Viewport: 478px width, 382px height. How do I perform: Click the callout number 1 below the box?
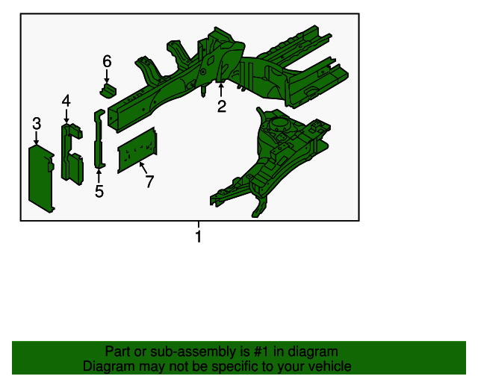pos(199,237)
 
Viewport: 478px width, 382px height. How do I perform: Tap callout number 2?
pos(222,106)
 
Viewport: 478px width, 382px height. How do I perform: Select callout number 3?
pos(37,123)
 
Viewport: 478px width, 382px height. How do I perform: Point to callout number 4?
pos(66,101)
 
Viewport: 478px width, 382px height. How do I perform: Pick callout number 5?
pos(99,191)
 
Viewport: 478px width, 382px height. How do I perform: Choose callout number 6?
pos(107,61)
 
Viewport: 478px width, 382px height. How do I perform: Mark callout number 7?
pos(149,181)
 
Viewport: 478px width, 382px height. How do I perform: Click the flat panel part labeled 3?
pos(41,178)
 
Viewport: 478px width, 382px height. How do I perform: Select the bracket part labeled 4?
pos(72,154)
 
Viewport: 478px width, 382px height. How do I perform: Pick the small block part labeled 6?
pos(108,91)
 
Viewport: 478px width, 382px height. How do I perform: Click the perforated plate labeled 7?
pos(137,151)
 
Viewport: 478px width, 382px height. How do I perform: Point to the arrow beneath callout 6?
pos(106,76)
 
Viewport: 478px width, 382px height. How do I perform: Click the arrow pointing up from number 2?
pos(221,90)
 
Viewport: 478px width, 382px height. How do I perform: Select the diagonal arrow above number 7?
pos(143,169)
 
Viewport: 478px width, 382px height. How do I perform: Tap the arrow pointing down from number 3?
pos(37,138)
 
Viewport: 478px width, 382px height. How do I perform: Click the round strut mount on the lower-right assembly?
pos(279,123)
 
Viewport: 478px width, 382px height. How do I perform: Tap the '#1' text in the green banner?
pos(261,351)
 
